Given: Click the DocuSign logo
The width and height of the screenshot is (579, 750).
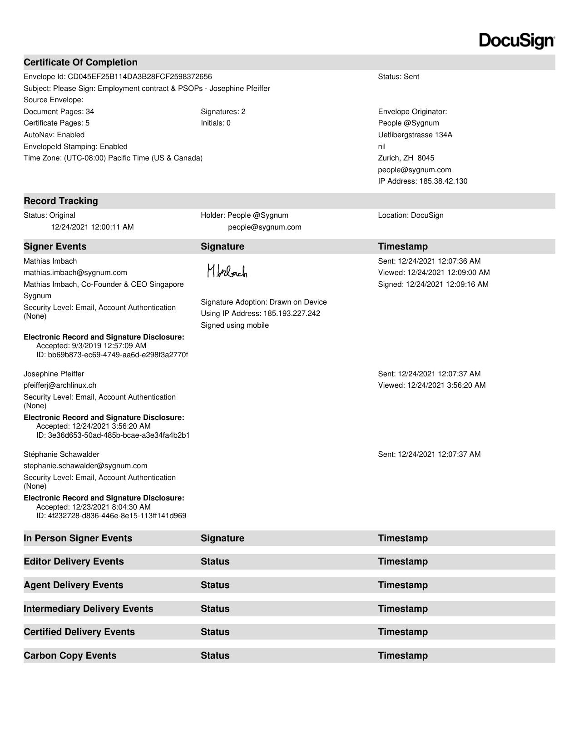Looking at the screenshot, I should tap(517, 40).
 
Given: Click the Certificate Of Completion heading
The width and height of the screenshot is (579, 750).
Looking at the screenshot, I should tap(80, 62).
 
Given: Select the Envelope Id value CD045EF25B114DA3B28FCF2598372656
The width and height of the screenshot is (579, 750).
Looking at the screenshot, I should tap(140, 76).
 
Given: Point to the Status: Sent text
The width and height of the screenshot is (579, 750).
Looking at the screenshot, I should tap(398, 76).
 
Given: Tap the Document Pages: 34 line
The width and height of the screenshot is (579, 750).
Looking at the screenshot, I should tap(59, 111).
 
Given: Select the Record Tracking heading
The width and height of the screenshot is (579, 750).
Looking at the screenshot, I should tap(61, 201).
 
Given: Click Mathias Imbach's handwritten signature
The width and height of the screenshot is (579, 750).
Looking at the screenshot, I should tap(227, 271).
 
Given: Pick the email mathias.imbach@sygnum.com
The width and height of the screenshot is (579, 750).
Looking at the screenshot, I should tap(75, 272).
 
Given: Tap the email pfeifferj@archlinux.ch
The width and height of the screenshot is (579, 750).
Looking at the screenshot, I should tap(60, 385).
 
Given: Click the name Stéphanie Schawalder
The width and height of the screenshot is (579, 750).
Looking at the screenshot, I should tap(61, 454).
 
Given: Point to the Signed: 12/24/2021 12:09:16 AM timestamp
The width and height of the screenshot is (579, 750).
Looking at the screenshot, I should tap(433, 284).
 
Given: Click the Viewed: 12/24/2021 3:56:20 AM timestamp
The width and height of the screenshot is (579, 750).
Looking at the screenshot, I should tap(431, 385).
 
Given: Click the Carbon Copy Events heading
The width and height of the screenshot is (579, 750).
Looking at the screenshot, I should tap(70, 655).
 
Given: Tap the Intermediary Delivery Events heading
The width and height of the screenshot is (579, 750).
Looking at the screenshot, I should tap(89, 609).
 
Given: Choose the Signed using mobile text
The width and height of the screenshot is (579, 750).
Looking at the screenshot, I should tap(235, 325).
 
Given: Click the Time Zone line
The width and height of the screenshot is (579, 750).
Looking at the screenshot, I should tap(113, 158).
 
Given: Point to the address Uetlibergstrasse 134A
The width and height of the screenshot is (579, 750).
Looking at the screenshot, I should tap(415, 135).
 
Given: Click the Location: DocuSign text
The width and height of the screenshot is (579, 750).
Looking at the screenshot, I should tap(411, 215).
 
